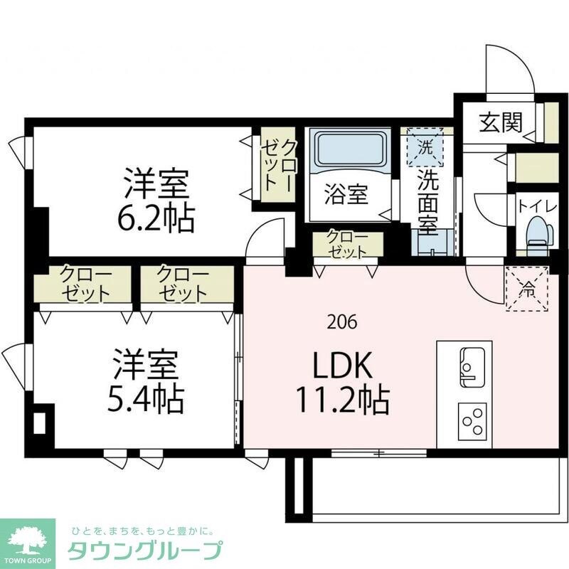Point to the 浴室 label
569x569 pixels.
(347, 193)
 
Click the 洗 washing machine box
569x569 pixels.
(425, 147)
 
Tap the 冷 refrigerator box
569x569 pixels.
(527, 288)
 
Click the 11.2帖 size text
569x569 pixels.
(343, 403)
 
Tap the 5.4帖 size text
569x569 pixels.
(148, 400)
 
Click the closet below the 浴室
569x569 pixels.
(348, 245)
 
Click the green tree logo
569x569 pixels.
(28, 539)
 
